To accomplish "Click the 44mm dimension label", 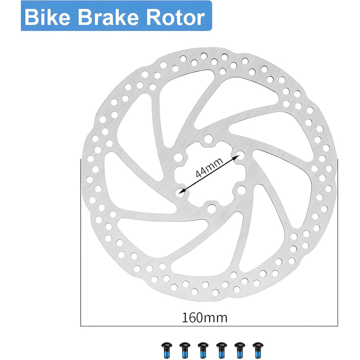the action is click(x=209, y=168).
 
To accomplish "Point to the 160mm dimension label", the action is click(x=204, y=318).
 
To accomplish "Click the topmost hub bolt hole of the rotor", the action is click(x=208, y=139).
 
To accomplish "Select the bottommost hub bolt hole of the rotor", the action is click(x=211, y=208).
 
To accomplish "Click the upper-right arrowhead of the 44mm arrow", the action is click(x=237, y=157).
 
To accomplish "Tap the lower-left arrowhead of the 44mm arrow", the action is click(x=182, y=190).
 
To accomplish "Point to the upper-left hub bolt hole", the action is click(x=179, y=157).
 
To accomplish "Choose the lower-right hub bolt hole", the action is click(x=241, y=190).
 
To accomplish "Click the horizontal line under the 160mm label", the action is click(x=209, y=326).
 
